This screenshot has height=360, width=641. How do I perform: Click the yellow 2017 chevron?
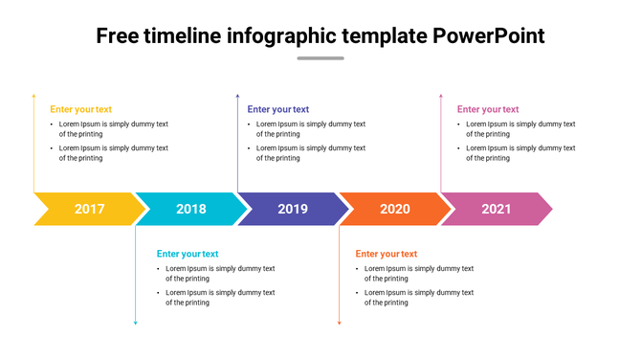click(89, 209)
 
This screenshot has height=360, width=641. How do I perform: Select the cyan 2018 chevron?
click(191, 209)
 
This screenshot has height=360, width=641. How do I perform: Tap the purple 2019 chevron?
click(293, 209)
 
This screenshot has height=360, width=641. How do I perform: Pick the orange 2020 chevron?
click(395, 209)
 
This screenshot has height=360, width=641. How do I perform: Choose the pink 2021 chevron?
click(496, 209)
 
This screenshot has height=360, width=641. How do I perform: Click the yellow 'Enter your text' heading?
click(80, 109)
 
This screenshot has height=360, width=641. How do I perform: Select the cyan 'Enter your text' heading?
click(188, 254)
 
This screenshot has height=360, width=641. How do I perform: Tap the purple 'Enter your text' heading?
click(277, 109)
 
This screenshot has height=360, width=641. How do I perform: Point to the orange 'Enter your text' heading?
click(386, 254)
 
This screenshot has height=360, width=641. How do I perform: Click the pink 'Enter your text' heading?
click(488, 109)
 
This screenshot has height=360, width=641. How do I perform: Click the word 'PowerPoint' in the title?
click(489, 36)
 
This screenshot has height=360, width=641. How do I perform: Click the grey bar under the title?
click(320, 58)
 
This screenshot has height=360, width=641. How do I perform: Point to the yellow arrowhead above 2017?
click(34, 96)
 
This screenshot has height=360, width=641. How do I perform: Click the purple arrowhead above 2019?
click(237, 96)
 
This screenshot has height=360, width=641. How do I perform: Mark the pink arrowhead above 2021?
click(440, 96)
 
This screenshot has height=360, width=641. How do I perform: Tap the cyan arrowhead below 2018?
click(136, 324)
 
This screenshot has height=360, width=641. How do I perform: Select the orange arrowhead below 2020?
click(339, 324)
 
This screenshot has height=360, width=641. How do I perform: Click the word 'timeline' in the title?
click(186, 36)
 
